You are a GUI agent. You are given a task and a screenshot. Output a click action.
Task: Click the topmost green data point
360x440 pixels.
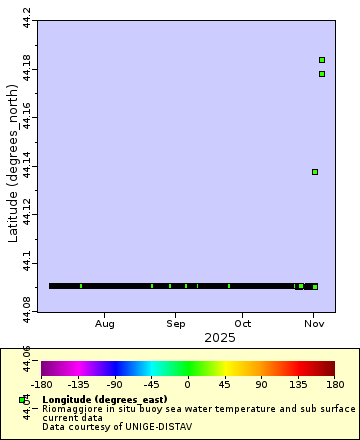(x=321, y=60)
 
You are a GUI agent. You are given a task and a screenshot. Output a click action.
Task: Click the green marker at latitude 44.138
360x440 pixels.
(x=315, y=172)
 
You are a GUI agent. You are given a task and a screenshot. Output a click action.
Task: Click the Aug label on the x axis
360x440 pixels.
(x=105, y=324)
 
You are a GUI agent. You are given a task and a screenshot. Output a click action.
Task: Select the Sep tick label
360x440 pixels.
(x=176, y=324)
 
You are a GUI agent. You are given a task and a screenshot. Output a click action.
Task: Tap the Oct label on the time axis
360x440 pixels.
(x=243, y=324)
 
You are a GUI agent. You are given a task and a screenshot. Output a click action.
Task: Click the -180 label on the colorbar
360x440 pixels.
(x=41, y=383)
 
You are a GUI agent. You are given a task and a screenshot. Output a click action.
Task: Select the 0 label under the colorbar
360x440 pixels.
(x=187, y=383)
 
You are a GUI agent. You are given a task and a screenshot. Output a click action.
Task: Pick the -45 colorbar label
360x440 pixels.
(x=151, y=383)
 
